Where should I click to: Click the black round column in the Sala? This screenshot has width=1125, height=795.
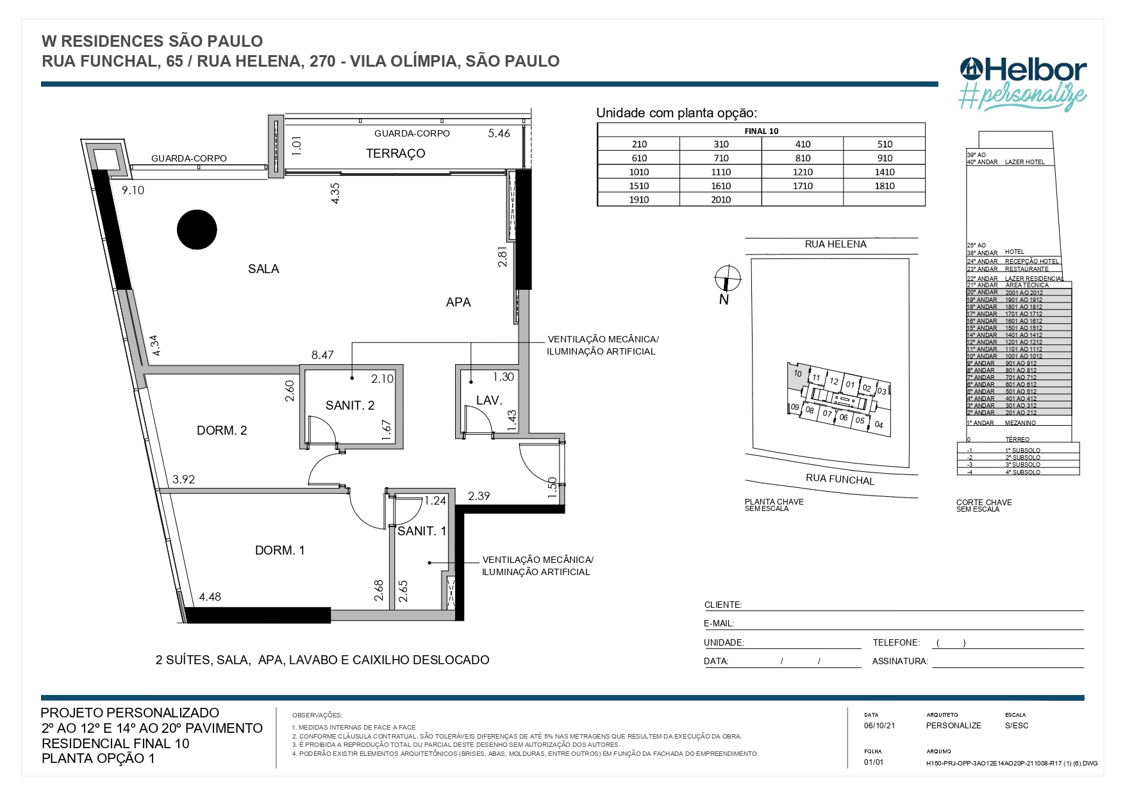coord(197,230)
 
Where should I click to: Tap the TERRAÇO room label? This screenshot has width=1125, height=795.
coord(396,154)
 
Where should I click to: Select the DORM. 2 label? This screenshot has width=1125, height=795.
coord(222,431)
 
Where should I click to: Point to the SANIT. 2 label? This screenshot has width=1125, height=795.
coord(350,406)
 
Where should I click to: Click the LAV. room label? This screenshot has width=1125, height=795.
coord(489,401)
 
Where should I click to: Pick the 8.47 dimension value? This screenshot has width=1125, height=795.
coord(322,355)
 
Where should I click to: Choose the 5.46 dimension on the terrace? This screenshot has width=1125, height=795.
coord(499,133)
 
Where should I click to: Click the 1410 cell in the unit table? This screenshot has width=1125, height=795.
coord(885,172)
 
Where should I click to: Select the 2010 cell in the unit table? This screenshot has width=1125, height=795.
coord(721,199)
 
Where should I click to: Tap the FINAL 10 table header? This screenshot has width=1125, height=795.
coord(761,131)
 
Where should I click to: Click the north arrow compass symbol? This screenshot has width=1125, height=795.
coord(728,279)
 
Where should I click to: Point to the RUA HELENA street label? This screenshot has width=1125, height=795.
coord(835,244)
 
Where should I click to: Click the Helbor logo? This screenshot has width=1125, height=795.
coord(1023,71)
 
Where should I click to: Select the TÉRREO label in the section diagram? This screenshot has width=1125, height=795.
coord(1017,440)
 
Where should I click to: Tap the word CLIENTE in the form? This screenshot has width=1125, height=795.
coord(722,605)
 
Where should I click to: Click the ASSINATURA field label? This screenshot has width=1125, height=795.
coord(899,661)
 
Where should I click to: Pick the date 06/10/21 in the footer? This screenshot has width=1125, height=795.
coord(879,726)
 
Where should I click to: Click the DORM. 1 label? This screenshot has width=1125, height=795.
coord(280,551)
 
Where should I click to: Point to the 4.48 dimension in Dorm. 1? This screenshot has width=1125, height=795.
coord(210,597)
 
